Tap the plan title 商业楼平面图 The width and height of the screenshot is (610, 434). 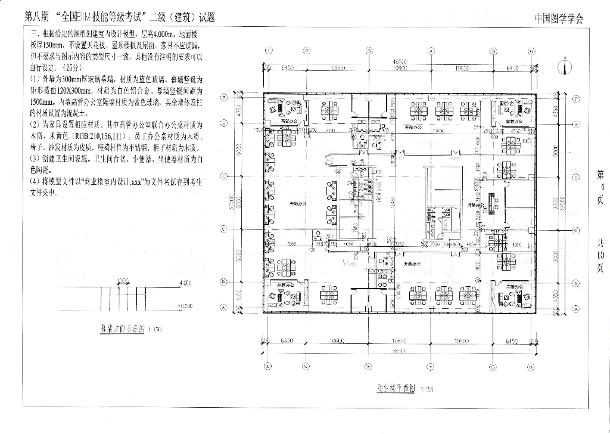(396, 389)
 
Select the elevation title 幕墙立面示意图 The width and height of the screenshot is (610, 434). (122, 328)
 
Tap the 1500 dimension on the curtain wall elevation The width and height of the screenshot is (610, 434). (123, 281)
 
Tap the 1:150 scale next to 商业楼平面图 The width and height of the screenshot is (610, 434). (427, 389)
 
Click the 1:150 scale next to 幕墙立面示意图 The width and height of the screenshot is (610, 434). (154, 329)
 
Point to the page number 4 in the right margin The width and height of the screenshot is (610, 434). (600, 187)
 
